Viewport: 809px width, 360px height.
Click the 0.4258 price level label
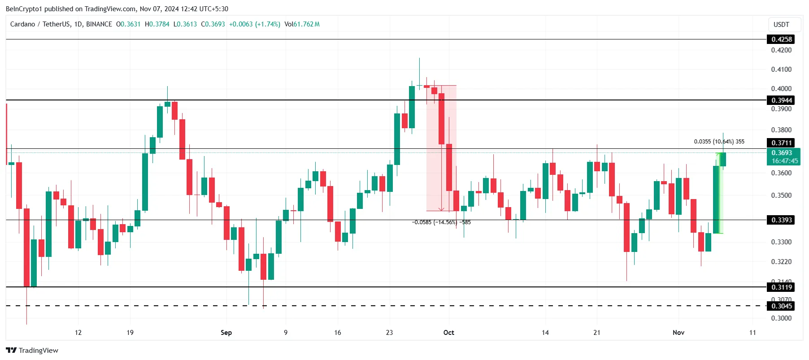click(x=782, y=39)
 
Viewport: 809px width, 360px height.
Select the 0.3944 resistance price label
click(x=782, y=100)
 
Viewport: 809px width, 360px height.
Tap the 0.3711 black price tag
click(x=782, y=143)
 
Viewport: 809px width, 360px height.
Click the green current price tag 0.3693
click(x=782, y=153)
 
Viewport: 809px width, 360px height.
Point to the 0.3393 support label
click(x=782, y=220)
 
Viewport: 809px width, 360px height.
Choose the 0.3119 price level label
click(x=782, y=287)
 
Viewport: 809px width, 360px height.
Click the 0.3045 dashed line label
click(x=782, y=306)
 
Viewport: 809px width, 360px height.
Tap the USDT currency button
click(x=781, y=25)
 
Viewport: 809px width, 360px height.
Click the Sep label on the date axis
click(x=226, y=333)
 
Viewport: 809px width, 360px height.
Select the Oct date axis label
click(x=448, y=333)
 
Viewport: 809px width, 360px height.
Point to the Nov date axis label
click(x=679, y=333)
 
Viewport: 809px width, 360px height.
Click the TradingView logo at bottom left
click(x=32, y=351)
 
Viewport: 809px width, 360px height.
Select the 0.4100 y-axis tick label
click(x=781, y=69)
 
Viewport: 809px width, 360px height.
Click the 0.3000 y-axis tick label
click(x=781, y=318)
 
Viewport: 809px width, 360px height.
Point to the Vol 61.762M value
click(x=302, y=24)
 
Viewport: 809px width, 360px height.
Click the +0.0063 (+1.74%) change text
click(x=255, y=24)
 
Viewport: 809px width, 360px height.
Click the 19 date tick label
click(x=130, y=333)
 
